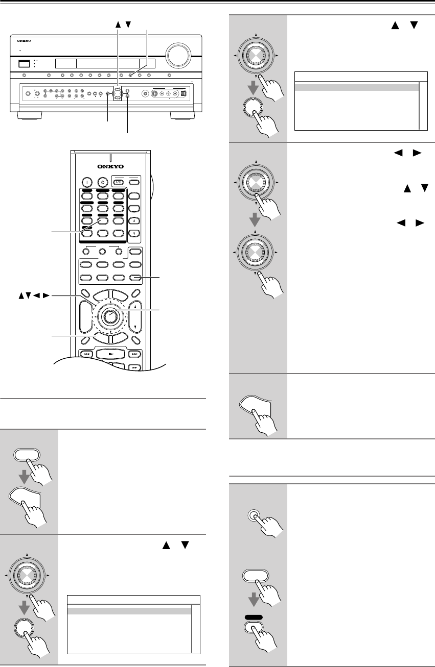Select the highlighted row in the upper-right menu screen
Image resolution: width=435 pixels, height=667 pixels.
(357, 87)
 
